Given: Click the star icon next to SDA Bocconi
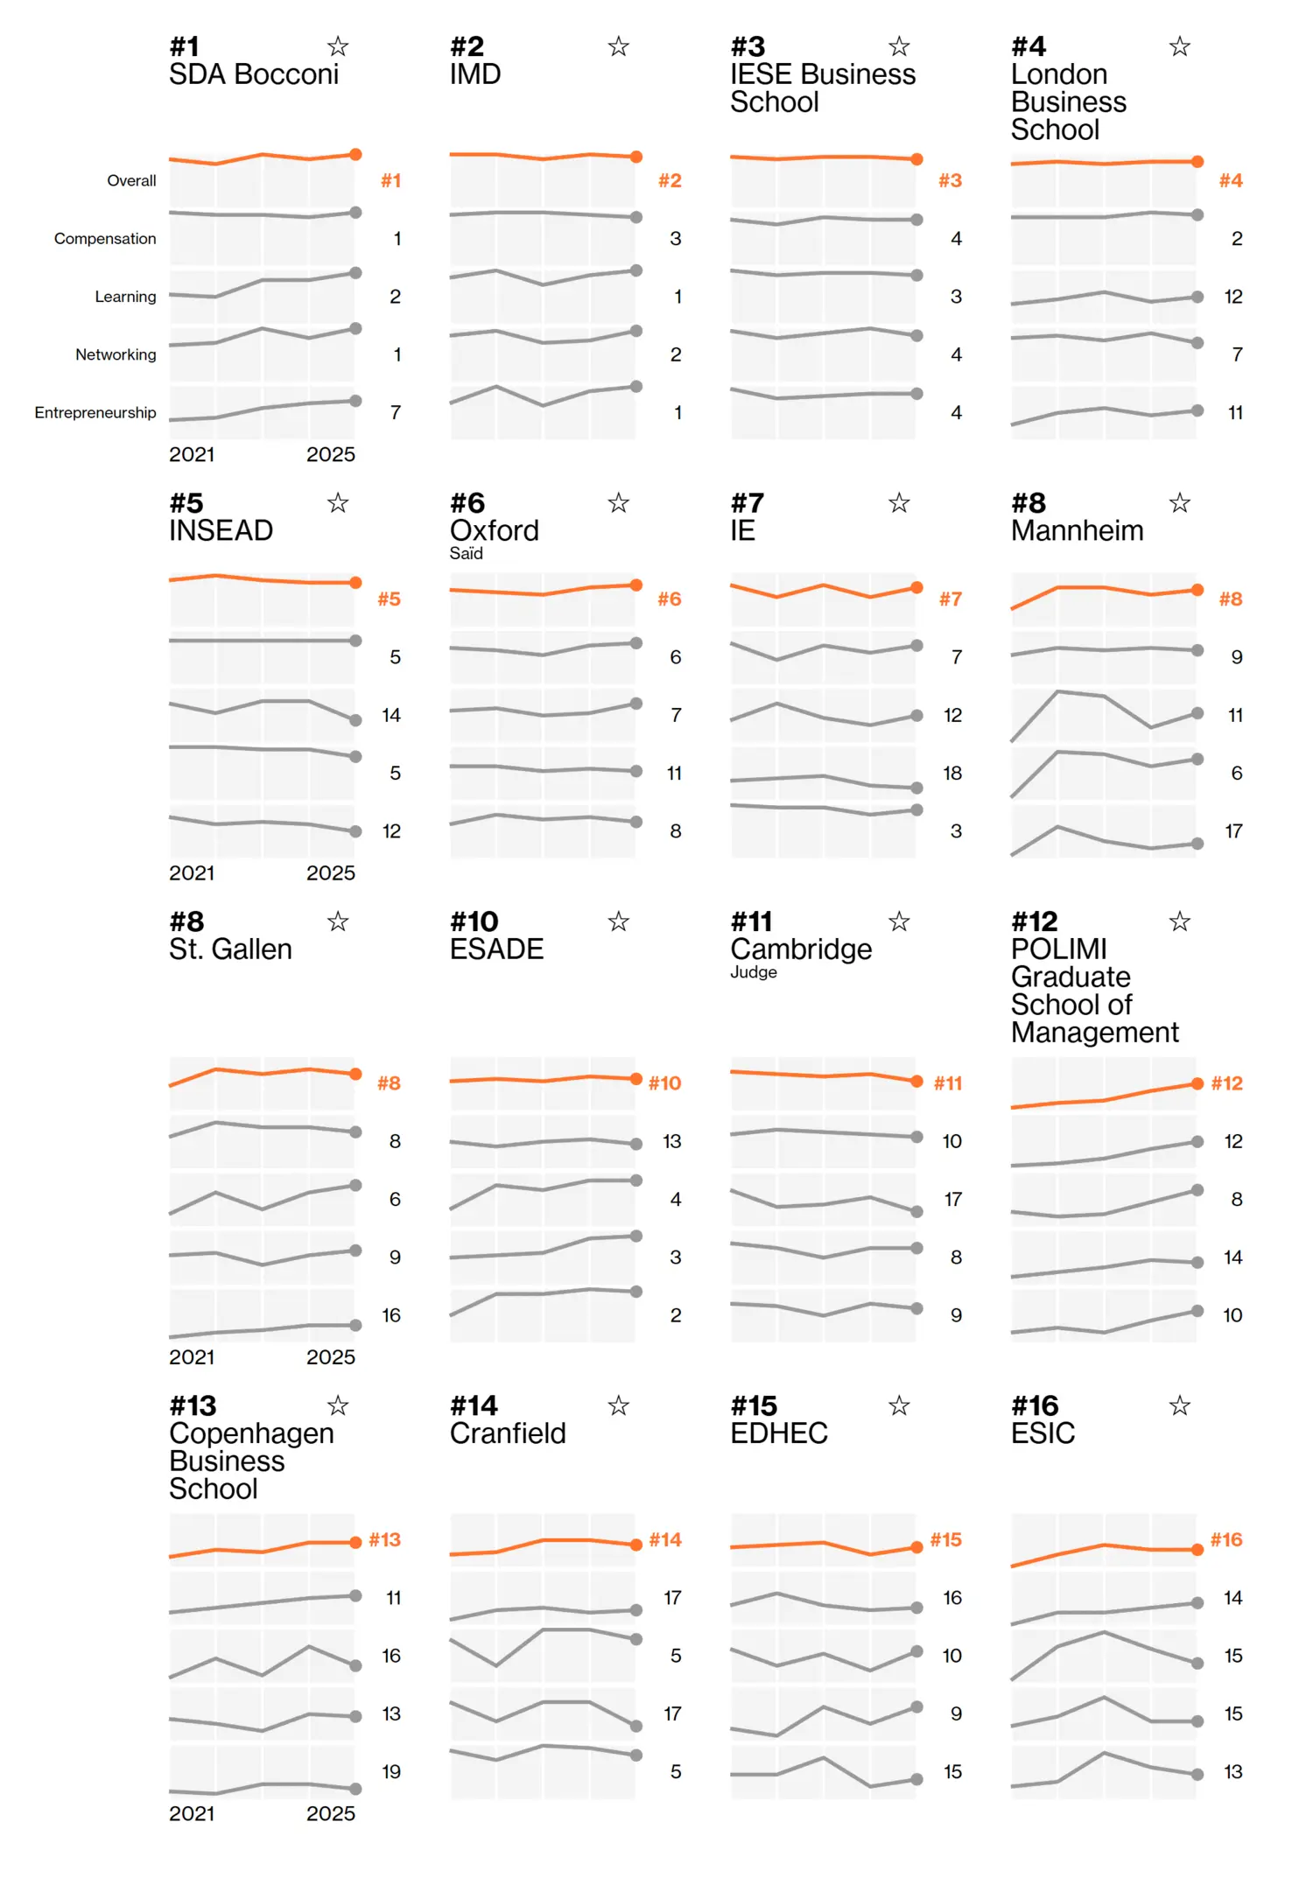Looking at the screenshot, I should (338, 46).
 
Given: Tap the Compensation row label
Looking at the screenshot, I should (105, 239).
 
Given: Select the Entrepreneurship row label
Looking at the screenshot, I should (95, 412).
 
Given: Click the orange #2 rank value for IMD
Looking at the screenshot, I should (670, 180).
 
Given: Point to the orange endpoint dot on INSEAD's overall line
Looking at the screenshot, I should (355, 583).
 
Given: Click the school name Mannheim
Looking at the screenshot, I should (1077, 531).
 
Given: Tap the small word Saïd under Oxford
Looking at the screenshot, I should (466, 554).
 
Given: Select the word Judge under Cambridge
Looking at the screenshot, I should (753, 972).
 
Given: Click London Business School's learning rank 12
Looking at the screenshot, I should (1232, 297).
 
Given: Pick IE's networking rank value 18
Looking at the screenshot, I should (951, 773).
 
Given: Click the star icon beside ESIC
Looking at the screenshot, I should (1179, 1406).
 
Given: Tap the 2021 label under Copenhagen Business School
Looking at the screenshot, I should (192, 1813).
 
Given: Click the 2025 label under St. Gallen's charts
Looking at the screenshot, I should (330, 1357).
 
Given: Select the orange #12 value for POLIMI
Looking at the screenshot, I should (1226, 1083).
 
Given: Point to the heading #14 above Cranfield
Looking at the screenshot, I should (474, 1406).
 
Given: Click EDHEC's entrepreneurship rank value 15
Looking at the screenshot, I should (952, 1771).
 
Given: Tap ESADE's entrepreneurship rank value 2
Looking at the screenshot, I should (675, 1315).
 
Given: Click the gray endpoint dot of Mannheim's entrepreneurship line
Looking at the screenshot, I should (1197, 844).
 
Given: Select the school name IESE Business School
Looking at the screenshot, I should (822, 88).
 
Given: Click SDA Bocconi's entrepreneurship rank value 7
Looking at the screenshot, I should (396, 412).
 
